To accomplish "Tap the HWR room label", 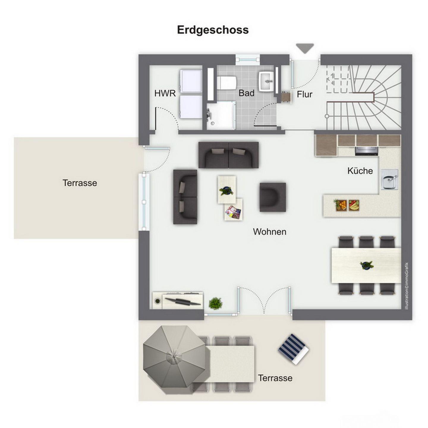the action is click(x=165, y=93).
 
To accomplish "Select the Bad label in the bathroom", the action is click(x=246, y=93).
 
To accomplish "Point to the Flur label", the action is click(x=304, y=95).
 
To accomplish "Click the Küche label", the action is click(x=360, y=171).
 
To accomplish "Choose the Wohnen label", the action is click(x=269, y=232).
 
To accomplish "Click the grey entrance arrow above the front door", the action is click(x=305, y=48).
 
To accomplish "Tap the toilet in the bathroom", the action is click(x=226, y=83).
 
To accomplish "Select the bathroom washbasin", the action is click(x=266, y=81).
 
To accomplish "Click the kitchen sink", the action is click(x=390, y=180).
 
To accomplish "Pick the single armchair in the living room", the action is click(x=273, y=197).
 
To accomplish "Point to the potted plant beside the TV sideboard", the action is click(x=215, y=303).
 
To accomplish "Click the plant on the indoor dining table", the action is click(x=366, y=265).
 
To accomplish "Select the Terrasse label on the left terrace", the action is click(x=80, y=183).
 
